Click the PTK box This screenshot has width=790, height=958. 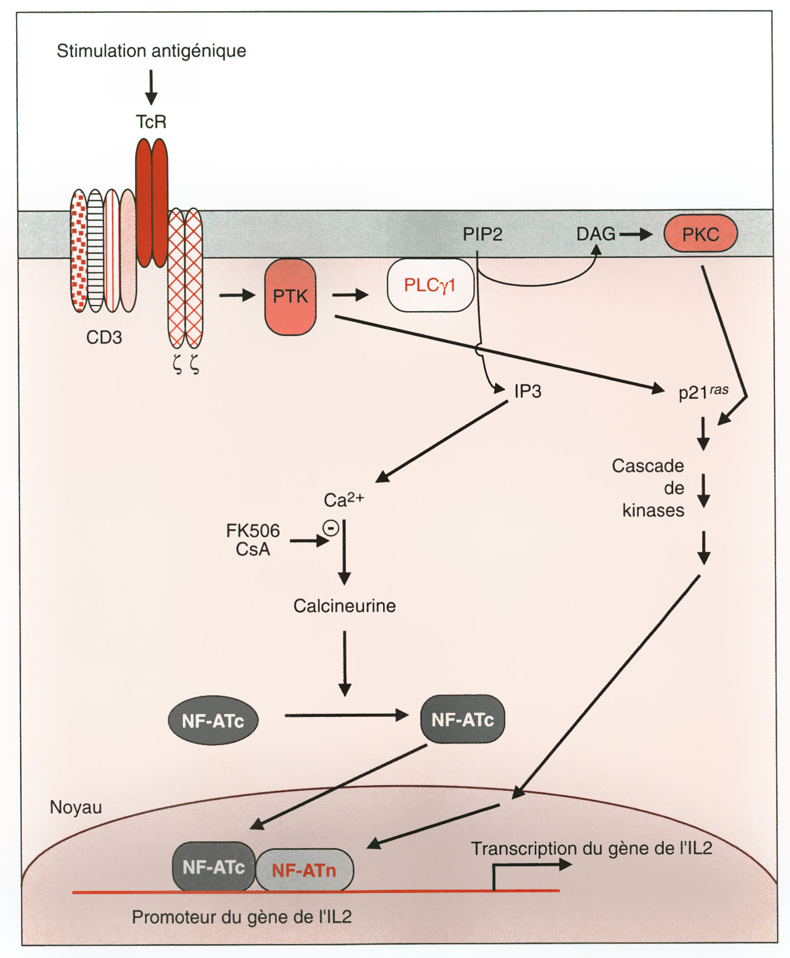click(290, 297)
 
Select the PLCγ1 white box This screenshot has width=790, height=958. click(430, 285)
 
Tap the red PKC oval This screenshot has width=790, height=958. click(700, 234)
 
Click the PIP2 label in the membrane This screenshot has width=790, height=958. click(482, 234)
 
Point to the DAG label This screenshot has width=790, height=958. click(595, 234)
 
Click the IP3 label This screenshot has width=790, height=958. click(528, 391)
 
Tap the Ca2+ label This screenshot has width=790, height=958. click(343, 500)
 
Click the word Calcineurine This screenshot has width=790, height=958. click(344, 606)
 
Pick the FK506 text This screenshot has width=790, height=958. click(253, 531)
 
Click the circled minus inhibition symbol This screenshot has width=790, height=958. click(331, 528)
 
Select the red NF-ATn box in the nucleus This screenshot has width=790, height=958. click(304, 870)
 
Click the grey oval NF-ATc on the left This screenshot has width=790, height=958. click(213, 721)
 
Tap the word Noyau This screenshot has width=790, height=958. click(76, 807)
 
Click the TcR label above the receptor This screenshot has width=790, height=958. click(151, 122)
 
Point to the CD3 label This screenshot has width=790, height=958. click(104, 337)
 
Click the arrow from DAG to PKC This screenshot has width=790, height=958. click(635, 234)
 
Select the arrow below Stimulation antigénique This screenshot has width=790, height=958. click(151, 87)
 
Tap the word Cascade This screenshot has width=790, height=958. click(648, 466)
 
